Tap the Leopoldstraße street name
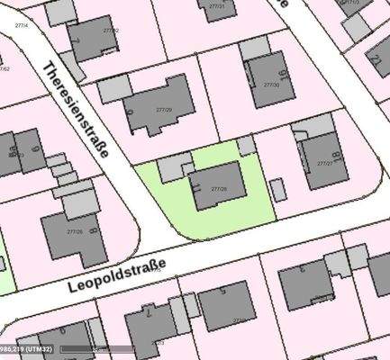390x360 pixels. (x=116, y=275)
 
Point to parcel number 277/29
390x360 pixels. (x=163, y=109)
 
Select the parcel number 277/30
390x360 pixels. (x=269, y=85)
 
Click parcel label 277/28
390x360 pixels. (x=218, y=189)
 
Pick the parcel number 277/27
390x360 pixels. (x=326, y=163)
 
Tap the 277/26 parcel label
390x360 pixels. (x=75, y=231)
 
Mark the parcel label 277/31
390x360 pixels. (x=217, y=6)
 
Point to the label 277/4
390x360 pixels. (x=20, y=24)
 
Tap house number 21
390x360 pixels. (x=197, y=186)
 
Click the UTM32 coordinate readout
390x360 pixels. (x=27, y=348)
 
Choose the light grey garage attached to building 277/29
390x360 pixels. (x=114, y=89)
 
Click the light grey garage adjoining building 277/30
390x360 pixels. (x=254, y=48)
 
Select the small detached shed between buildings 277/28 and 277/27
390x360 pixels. (x=278, y=190)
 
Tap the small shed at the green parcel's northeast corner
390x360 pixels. (x=247, y=146)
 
